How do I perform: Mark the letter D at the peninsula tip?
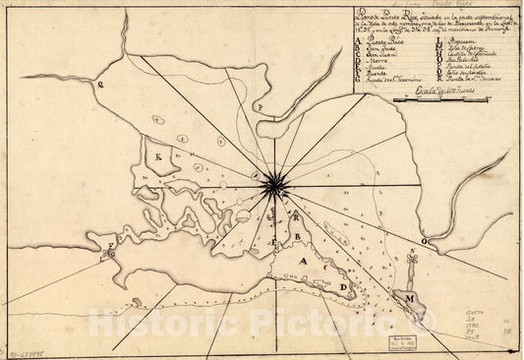coord(342,287)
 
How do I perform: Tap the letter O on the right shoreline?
coord(424,239)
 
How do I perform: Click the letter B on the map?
coord(295,237)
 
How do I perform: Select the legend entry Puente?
coord(379,72)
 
